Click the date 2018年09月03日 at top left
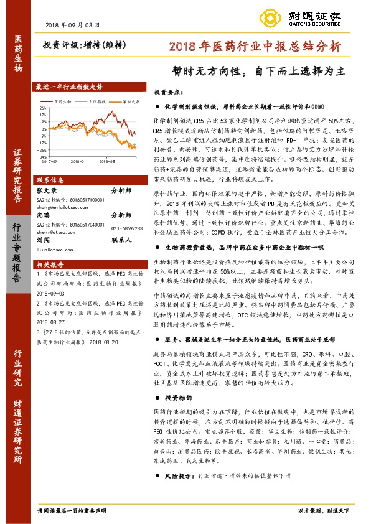point(73,25)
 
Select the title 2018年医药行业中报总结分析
point(255,47)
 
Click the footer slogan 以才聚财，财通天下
point(324,509)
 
